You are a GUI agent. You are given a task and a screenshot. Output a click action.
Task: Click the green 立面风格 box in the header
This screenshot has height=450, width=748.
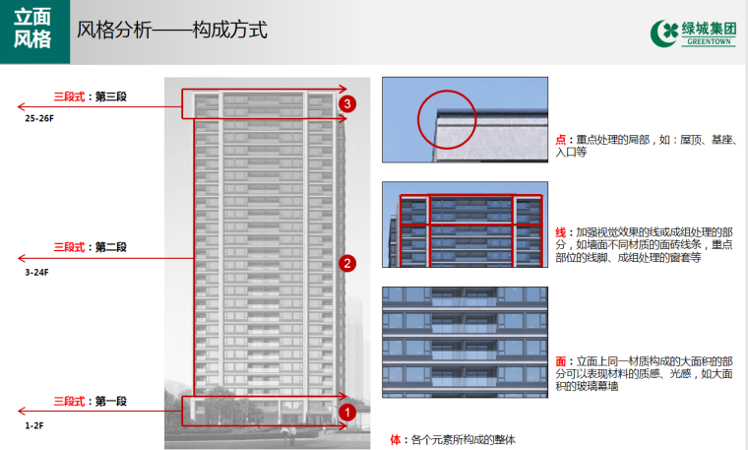[x=33, y=32]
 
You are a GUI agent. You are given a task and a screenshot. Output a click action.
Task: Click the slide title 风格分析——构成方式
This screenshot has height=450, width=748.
[x=172, y=30]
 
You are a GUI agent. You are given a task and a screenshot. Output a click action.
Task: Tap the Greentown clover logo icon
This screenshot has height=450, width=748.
[x=665, y=32]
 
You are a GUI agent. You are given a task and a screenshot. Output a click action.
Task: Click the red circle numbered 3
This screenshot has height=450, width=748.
[x=346, y=102]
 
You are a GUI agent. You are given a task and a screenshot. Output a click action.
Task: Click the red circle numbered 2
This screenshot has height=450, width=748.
[x=346, y=263]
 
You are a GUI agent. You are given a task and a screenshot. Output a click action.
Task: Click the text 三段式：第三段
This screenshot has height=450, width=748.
[x=91, y=96]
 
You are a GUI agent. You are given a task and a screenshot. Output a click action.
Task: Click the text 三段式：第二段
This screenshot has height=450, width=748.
[x=91, y=247]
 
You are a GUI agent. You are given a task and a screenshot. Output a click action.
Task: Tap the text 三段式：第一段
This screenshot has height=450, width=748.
[x=91, y=402]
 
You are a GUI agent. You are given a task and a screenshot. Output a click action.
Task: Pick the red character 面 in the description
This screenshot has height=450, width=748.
[x=560, y=362]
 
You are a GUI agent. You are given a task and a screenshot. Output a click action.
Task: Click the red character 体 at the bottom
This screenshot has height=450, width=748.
[x=396, y=439]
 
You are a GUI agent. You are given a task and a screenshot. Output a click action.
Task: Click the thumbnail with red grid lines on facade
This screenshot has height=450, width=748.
[x=465, y=224]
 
